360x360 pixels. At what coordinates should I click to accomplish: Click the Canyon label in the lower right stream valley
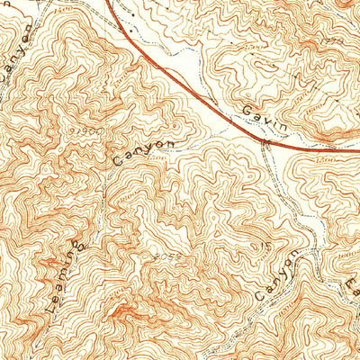tap(276, 274)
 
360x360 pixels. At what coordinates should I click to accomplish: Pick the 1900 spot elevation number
tap(85, 132)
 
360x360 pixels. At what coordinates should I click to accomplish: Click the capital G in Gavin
tap(247, 108)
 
